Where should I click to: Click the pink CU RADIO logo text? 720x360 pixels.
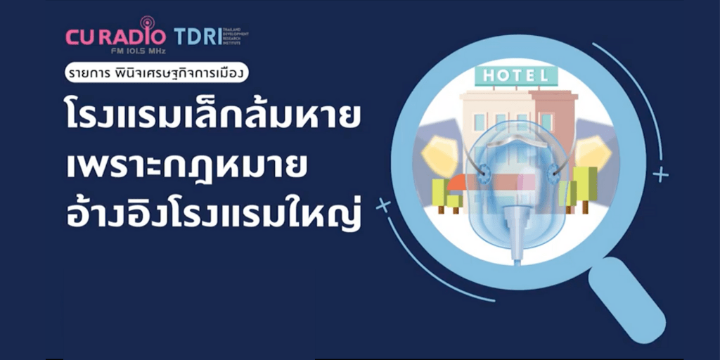[116, 37]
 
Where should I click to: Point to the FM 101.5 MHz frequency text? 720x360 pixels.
[116, 51]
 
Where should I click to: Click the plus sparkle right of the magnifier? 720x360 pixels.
[660, 174]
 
